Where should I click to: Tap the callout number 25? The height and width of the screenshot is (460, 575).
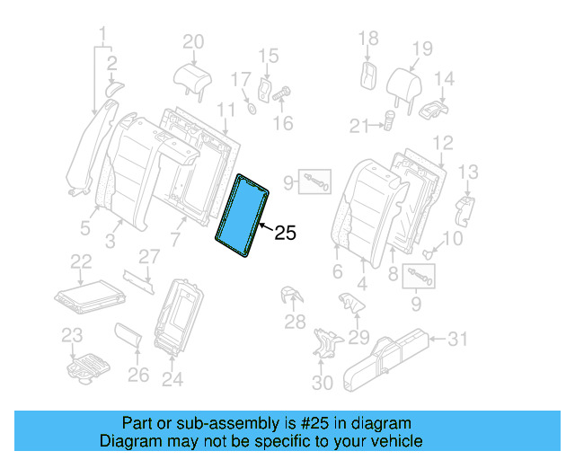click(x=284, y=234)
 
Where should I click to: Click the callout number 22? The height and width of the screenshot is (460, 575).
click(x=82, y=261)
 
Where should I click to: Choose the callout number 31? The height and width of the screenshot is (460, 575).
click(x=458, y=339)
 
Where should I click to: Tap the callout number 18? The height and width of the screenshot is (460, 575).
click(x=368, y=38)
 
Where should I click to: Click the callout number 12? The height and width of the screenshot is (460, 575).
click(x=442, y=142)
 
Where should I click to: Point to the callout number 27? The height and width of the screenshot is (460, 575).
click(x=148, y=257)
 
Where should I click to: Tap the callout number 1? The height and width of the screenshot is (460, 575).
click(x=102, y=35)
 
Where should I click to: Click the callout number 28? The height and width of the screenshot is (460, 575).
click(x=295, y=323)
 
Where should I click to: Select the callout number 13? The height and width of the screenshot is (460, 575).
click(x=468, y=172)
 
